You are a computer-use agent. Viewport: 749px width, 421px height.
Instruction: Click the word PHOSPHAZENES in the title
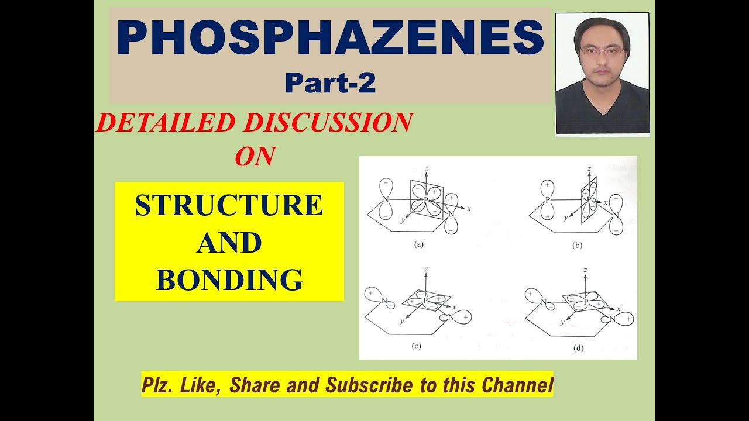331,39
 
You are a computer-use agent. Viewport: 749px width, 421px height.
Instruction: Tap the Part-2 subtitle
330,84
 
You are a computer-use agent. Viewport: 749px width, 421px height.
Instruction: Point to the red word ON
255,156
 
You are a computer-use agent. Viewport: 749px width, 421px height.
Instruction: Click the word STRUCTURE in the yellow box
229,206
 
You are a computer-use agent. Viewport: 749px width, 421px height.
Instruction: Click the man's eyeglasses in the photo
602,51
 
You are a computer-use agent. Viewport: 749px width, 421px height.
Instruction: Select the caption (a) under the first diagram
419,245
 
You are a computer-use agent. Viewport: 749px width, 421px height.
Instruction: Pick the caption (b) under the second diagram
578,246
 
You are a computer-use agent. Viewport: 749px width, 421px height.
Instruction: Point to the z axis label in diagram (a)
427,168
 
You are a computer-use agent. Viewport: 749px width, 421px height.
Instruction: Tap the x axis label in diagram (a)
469,208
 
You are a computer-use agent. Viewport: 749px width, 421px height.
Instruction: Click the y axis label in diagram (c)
402,322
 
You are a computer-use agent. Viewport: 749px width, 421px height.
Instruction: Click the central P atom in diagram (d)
585,302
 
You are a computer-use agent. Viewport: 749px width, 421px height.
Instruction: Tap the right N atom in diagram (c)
451,318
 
